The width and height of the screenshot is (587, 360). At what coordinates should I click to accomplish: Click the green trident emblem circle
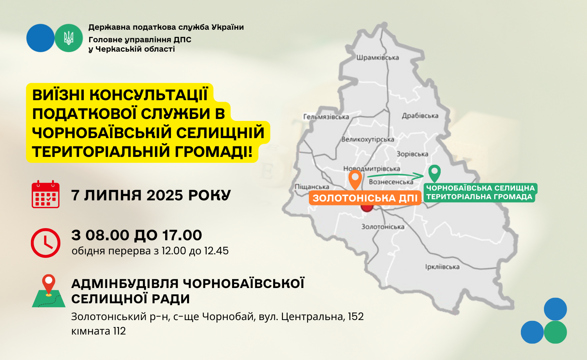pyautogui.click(x=68, y=38)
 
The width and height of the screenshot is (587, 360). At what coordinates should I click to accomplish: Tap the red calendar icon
pyautogui.click(x=46, y=194)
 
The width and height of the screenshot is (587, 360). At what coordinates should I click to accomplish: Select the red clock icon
pyautogui.click(x=46, y=243)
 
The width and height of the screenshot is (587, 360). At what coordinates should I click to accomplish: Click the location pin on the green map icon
pyautogui.click(x=49, y=285)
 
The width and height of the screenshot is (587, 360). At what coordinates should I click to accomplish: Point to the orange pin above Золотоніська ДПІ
pyautogui.click(x=355, y=180)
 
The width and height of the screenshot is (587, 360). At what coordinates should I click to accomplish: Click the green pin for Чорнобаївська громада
pyautogui.click(x=434, y=173)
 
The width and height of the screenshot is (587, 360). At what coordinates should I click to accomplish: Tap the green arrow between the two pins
pyautogui.click(x=395, y=175)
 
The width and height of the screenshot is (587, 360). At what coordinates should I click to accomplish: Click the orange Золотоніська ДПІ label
pyautogui.click(x=365, y=198)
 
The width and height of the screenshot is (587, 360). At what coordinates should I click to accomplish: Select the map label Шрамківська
pyautogui.click(x=377, y=58)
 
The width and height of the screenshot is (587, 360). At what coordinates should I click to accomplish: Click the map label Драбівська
pyautogui.click(x=420, y=115)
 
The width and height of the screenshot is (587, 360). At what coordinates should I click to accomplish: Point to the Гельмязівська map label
pyautogui.click(x=326, y=117)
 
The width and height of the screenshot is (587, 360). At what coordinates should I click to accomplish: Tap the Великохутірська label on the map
pyautogui.click(x=368, y=139)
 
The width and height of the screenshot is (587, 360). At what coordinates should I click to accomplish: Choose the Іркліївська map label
pyautogui.click(x=442, y=267)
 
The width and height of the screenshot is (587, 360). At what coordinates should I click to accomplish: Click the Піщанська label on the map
pyautogui.click(x=312, y=187)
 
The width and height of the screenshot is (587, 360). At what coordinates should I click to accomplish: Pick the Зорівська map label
pyautogui.click(x=412, y=154)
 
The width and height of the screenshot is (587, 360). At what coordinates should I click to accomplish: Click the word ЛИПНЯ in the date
pyautogui.click(x=113, y=196)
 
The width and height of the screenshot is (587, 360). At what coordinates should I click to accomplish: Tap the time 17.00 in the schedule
pyautogui.click(x=182, y=235)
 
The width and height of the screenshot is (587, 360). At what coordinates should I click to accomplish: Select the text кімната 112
pyautogui.click(x=99, y=331)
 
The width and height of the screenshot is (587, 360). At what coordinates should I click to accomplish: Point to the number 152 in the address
pyautogui.click(x=356, y=317)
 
